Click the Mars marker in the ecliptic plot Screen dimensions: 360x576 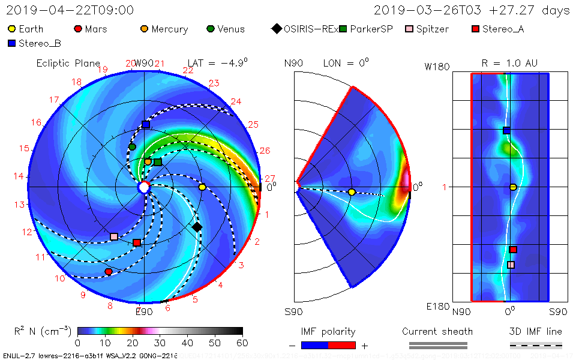[x=109, y=272]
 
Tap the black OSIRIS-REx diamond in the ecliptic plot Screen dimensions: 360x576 [x=197, y=227]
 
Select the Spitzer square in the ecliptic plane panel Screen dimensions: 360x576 [x=114, y=236]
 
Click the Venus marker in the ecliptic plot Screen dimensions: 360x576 [x=132, y=147]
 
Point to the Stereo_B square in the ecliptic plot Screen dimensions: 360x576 [x=146, y=125]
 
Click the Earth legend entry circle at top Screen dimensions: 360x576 [x=11, y=29]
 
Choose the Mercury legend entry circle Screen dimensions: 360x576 [x=144, y=29]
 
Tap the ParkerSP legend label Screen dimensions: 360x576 [x=371, y=29]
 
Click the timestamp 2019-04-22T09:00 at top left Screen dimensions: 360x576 [x=70, y=10]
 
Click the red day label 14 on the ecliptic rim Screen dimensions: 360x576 [x=18, y=176]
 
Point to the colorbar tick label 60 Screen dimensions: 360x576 [x=242, y=343]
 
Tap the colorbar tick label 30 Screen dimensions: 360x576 [x=160, y=343]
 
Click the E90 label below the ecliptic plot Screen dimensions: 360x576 [x=144, y=311]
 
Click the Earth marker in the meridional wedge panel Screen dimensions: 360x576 [x=352, y=192]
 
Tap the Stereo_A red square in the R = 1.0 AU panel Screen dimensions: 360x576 [x=513, y=250]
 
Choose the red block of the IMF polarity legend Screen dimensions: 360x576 [x=342, y=345]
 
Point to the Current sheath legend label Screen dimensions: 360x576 [x=437, y=331]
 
